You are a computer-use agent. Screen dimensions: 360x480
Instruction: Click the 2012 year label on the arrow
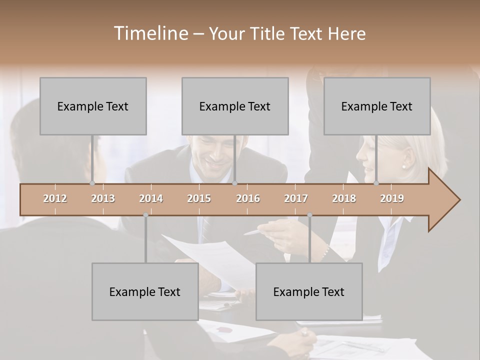pyautogui.click(x=55, y=198)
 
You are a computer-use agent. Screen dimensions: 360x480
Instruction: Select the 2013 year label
pyautogui.click(x=103, y=198)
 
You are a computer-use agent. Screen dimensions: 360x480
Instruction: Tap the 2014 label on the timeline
pyautogui.click(x=151, y=198)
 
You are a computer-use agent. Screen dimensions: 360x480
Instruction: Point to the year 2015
pyautogui.click(x=199, y=198)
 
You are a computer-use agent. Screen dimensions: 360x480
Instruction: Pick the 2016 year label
pyautogui.click(x=248, y=198)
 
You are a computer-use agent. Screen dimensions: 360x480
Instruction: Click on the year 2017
pyautogui.click(x=296, y=198)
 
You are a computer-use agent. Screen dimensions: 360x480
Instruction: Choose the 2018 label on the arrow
pyautogui.click(x=344, y=198)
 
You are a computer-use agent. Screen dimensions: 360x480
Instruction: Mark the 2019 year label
pyautogui.click(x=392, y=198)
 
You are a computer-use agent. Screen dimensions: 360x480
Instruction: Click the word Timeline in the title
pyautogui.click(x=150, y=33)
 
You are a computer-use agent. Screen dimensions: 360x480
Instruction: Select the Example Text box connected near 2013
pyautogui.click(x=93, y=106)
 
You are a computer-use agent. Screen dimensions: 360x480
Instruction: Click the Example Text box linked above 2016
pyautogui.click(x=235, y=106)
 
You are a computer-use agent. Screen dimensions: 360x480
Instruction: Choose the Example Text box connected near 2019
pyautogui.click(x=377, y=106)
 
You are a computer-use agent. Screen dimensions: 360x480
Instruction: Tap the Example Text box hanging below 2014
pyautogui.click(x=145, y=291)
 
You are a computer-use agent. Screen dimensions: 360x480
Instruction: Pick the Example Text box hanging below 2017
pyautogui.click(x=309, y=291)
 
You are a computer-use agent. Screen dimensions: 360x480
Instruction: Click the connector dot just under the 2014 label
pyautogui.click(x=145, y=215)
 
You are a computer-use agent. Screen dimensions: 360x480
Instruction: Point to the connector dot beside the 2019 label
pyautogui.click(x=376, y=183)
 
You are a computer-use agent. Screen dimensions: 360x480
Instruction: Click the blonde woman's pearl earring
pyautogui.click(x=404, y=166)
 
